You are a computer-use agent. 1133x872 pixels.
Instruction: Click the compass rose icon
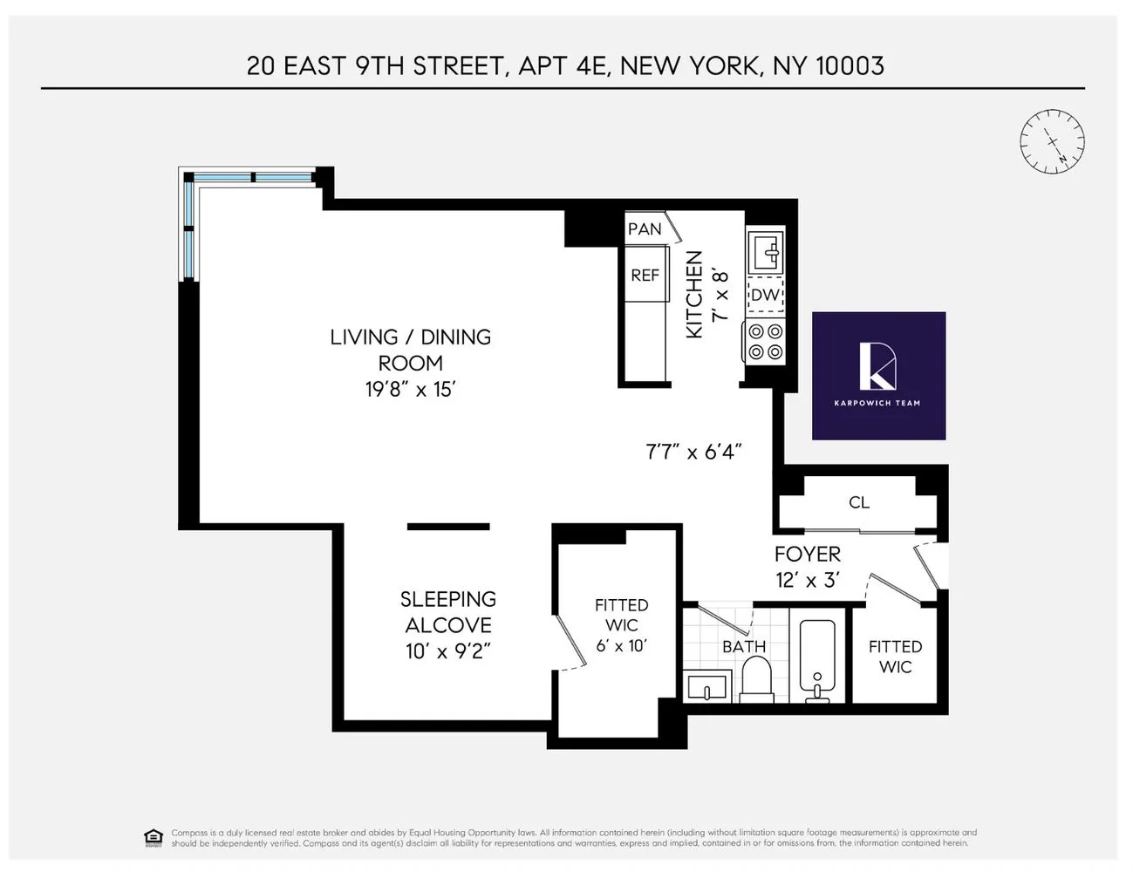point(1052,142)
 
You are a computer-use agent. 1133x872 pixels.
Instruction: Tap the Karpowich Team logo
point(878,376)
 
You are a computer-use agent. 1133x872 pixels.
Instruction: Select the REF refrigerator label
point(645,276)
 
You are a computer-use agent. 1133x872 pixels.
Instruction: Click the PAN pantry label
point(645,229)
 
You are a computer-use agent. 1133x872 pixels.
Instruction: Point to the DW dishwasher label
point(765,295)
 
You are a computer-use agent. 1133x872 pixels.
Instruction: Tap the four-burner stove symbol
point(765,342)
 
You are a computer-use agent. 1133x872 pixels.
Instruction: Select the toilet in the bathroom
point(756,680)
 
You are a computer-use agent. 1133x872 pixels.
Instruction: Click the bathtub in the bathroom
point(817,661)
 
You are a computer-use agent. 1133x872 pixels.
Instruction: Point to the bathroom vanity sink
point(707,687)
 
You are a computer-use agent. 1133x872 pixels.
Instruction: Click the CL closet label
point(859,503)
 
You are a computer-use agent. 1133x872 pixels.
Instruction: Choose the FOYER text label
point(808,555)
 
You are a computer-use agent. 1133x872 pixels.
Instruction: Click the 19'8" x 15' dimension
point(410,390)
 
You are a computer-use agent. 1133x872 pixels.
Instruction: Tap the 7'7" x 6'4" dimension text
point(693,452)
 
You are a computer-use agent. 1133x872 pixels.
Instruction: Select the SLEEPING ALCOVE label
point(448,612)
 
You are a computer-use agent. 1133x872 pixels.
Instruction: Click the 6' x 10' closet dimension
point(621,646)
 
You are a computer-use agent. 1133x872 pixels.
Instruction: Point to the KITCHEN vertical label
point(694,295)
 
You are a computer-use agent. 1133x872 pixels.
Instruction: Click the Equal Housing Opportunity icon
point(154,838)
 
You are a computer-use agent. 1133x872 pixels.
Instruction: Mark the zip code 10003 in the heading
point(850,66)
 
